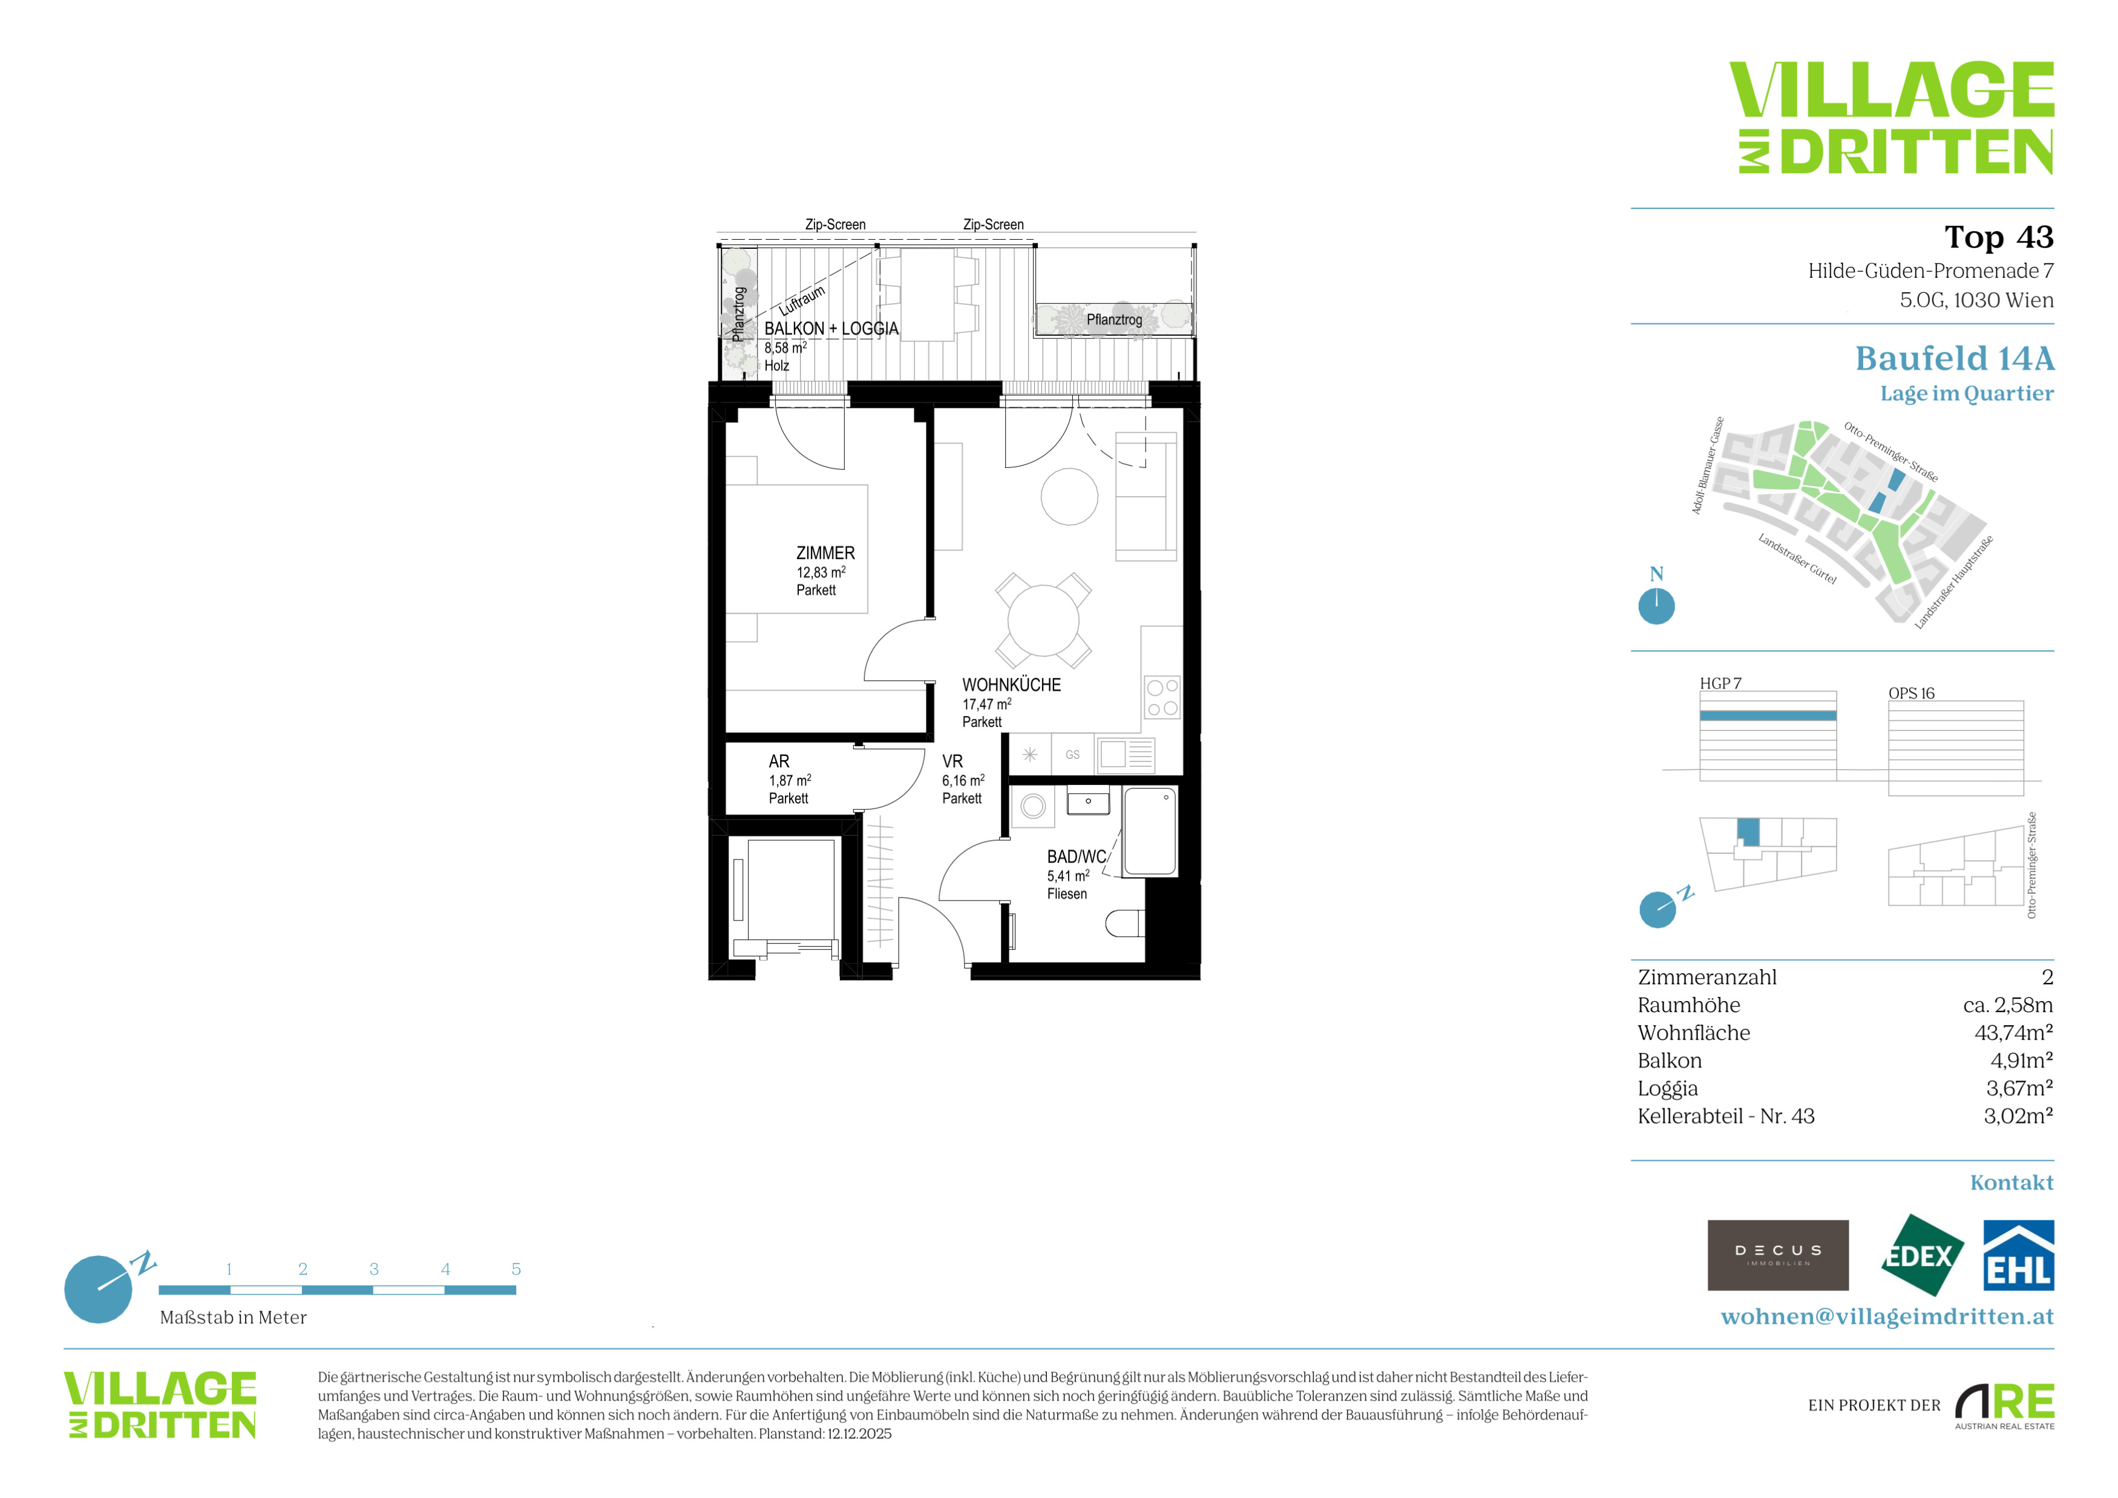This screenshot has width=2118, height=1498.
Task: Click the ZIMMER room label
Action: [825, 553]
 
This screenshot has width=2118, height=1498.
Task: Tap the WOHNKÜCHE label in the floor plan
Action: [1011, 685]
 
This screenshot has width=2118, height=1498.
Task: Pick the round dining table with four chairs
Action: [1043, 620]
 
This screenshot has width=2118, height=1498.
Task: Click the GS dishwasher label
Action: [1072, 755]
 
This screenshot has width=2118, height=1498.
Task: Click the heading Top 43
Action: [1999, 237]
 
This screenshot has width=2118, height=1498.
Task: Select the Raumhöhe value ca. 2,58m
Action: [2008, 1005]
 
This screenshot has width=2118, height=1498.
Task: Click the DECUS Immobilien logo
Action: [1778, 1255]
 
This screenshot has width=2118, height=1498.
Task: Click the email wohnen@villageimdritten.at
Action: [1887, 1316]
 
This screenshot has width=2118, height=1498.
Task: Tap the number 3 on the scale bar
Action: [373, 1269]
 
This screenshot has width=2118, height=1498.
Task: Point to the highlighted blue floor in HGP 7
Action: [1768, 716]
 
